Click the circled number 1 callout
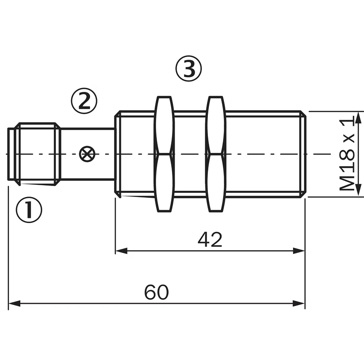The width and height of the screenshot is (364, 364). [29, 210]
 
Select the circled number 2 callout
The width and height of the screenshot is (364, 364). [84, 101]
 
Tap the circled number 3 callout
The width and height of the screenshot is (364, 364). [188, 69]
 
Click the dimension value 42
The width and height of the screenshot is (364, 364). [210, 240]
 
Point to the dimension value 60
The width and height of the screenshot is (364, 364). [157, 292]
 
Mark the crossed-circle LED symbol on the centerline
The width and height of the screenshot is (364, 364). [87, 154]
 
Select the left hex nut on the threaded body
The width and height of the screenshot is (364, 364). [165, 154]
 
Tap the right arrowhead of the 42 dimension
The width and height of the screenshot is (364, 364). [299, 251]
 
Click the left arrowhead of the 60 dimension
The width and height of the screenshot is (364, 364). [15, 303]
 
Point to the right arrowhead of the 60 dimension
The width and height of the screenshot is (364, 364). [299, 303]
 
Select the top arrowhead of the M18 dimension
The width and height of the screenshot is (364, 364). [359, 118]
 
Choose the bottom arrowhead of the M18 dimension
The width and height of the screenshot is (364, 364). [359, 190]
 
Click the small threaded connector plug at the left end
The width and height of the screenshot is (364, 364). [35, 154]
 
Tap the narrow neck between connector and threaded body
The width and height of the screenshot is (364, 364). [88, 154]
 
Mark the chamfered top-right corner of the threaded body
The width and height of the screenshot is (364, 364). [303, 114]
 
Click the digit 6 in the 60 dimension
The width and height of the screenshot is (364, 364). [150, 292]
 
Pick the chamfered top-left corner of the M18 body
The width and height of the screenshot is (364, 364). [118, 114]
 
